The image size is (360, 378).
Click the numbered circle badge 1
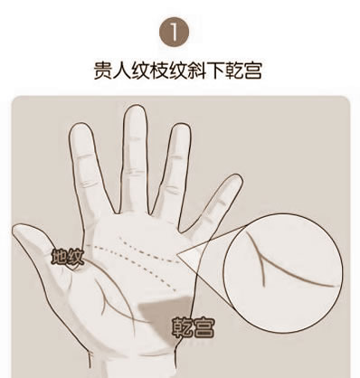click(174, 33)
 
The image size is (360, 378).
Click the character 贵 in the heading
click(103, 71)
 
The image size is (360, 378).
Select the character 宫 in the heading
click(252, 71)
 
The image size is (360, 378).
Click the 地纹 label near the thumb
click(67, 258)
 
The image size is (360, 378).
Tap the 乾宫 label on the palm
click(194, 327)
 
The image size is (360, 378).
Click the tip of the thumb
click(18, 228)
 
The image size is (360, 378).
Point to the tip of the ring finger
click(181, 127)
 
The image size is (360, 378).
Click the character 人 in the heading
click(122, 71)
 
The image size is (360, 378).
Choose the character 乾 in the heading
click(234, 71)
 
